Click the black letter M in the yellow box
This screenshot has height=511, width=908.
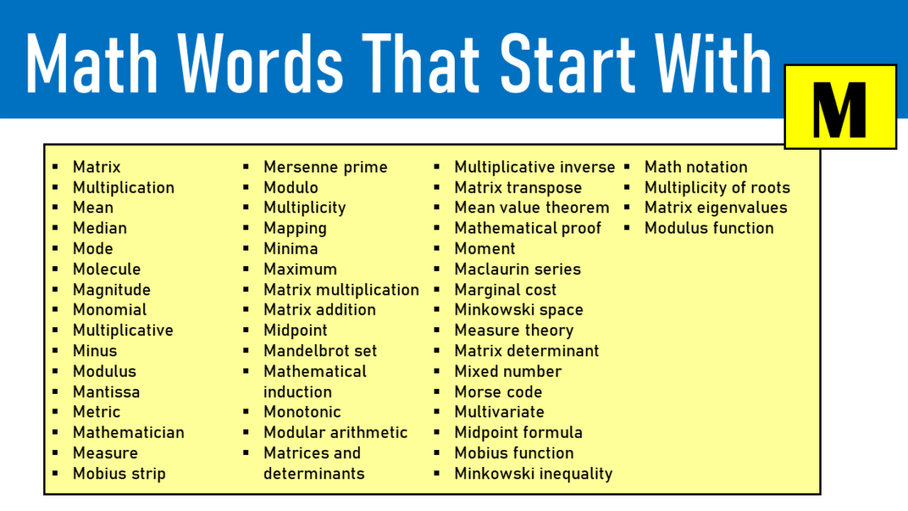point(840,108)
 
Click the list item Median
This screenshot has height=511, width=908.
point(99,229)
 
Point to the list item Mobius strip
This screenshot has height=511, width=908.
point(119,474)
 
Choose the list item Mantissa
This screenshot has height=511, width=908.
point(106,392)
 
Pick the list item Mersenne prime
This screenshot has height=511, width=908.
point(325,168)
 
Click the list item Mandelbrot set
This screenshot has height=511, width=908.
point(320,352)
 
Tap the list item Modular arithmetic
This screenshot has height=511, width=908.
point(335,433)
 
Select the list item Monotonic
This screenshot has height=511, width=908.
point(302,413)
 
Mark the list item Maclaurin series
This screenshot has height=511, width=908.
point(517,269)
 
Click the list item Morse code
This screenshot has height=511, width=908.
point(498,392)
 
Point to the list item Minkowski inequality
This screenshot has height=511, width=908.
point(533,474)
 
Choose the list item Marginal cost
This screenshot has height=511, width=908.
point(505,290)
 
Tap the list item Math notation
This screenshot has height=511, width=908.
point(696,168)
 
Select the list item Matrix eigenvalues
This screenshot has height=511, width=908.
point(715,208)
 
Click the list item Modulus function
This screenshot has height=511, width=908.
point(709,229)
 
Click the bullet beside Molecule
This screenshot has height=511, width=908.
point(55,269)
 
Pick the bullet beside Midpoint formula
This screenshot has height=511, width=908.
point(437,433)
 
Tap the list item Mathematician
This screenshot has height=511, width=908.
point(129,433)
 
